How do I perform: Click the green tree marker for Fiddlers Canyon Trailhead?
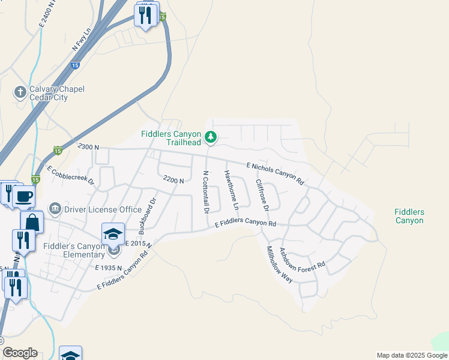211,138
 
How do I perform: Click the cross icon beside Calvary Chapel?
20,92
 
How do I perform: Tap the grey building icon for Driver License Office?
55,209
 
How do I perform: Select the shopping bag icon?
32,222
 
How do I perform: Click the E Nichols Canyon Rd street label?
276,173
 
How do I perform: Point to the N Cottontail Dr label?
206,192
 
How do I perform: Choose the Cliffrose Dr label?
262,194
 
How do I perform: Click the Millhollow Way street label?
279,264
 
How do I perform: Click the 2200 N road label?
173,179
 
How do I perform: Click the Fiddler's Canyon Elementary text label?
74,250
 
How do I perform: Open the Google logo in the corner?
20,353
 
